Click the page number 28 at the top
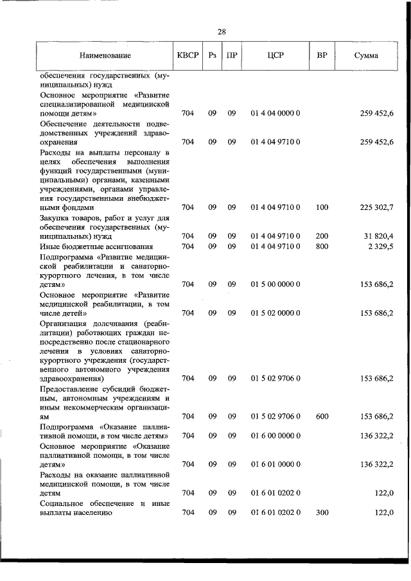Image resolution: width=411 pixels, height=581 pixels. click(x=222, y=31)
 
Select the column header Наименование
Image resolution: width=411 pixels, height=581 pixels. click(x=105, y=56)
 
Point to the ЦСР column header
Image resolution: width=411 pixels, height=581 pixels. click(x=275, y=56)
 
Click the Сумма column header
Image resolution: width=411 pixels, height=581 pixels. click(x=366, y=56)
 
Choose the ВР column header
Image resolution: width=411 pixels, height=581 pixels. click(x=322, y=56)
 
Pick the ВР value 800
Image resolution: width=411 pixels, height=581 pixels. click(x=322, y=246)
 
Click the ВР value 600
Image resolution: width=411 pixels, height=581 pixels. click(x=322, y=416)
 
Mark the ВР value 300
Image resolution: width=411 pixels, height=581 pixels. click(x=322, y=512)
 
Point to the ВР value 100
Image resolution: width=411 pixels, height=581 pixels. click(x=322, y=207)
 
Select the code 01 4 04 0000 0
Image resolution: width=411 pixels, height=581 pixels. click(x=275, y=114)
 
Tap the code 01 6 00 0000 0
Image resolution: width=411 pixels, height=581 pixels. click(x=275, y=436)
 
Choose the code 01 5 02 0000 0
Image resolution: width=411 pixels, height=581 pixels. click(x=275, y=313)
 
